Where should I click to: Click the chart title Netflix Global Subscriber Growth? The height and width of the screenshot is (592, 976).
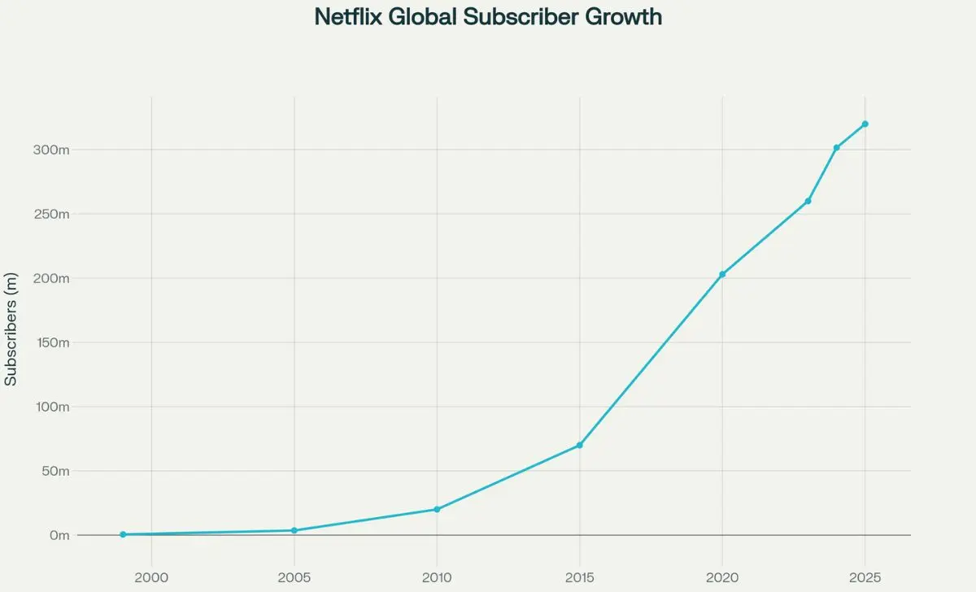[488, 16]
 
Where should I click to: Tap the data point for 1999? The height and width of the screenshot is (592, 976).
[123, 534]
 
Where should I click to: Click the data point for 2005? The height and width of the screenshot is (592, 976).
[294, 530]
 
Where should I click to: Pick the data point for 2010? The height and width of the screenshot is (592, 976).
[437, 509]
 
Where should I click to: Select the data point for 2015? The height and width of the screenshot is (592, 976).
[579, 445]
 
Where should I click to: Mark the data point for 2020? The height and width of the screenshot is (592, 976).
[722, 274]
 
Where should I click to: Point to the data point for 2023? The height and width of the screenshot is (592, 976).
[808, 201]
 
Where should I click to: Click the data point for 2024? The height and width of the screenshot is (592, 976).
[836, 147]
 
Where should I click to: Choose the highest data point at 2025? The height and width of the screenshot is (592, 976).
[865, 124]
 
